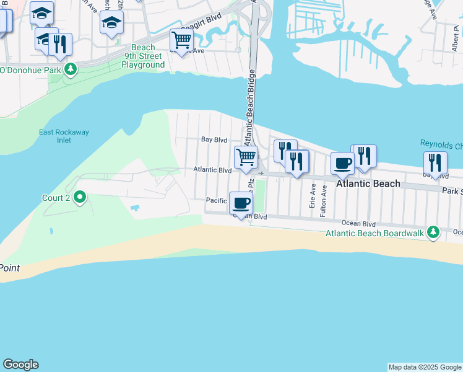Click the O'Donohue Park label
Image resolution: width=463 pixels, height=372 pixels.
(x=31, y=69)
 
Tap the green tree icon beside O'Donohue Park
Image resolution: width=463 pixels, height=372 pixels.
(x=71, y=68)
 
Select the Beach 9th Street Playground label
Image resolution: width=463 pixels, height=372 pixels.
(x=143, y=56)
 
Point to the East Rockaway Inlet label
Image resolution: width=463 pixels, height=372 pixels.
(x=55, y=136)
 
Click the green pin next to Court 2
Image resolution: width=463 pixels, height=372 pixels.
(x=80, y=198)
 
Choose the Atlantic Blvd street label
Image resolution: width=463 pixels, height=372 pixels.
(x=212, y=170)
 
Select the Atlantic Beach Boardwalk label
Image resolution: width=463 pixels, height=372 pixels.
(x=377, y=233)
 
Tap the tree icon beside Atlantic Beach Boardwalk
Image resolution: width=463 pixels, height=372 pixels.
(x=435, y=232)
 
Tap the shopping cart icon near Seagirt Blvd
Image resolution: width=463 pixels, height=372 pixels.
(x=182, y=40)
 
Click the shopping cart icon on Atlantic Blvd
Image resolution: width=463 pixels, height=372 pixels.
(x=246, y=157)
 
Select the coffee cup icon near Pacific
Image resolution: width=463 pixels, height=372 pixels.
(x=241, y=202)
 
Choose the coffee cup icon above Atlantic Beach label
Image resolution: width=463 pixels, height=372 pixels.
(x=342, y=163)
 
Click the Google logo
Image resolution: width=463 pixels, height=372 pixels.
(x=20, y=365)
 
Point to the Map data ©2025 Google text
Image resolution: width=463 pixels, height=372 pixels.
(x=425, y=367)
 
